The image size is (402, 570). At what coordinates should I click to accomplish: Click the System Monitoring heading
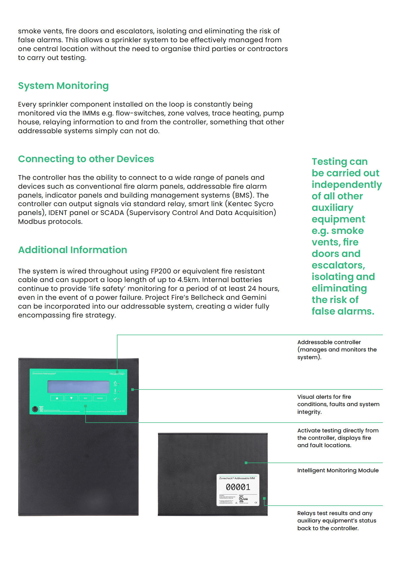coord(63,86)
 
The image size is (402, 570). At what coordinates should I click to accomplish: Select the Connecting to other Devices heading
coord(86,159)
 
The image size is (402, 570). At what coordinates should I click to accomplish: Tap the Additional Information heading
coord(73,250)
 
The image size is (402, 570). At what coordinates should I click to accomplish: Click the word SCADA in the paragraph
coord(112,213)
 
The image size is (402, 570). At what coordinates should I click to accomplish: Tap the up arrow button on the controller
coord(57,398)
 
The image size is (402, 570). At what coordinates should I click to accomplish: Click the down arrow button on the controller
coord(71,398)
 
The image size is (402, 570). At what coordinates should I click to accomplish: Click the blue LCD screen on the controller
coord(79,387)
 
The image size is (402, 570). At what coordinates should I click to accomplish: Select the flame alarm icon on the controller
coord(115,383)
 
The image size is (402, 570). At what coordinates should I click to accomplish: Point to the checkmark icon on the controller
coord(115,399)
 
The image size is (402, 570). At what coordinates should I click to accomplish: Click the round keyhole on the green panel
coord(35,409)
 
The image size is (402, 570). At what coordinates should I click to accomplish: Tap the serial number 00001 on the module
coord(238,487)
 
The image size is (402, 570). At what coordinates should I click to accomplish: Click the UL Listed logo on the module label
coord(241,499)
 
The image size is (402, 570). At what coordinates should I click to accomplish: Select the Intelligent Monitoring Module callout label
coord(338,470)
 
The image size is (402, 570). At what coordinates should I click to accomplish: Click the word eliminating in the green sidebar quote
coord(339,289)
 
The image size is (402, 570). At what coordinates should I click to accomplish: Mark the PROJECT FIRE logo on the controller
coord(117,374)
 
